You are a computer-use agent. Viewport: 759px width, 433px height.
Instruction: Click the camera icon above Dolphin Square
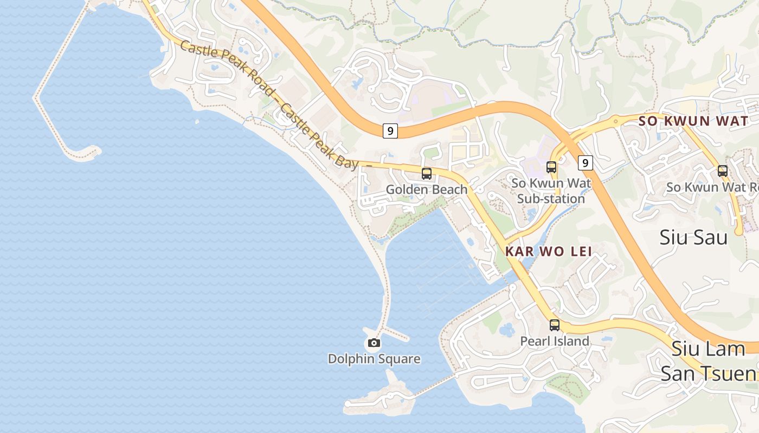(x=374, y=343)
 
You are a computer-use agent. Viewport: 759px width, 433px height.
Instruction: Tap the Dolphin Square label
(x=374, y=359)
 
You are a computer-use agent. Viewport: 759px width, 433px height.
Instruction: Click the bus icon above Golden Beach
(x=427, y=174)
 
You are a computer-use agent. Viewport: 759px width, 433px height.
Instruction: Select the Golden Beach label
(x=427, y=189)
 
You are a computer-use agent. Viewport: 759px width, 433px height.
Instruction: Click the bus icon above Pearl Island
(x=555, y=325)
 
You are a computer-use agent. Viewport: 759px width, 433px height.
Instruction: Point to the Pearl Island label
(x=555, y=341)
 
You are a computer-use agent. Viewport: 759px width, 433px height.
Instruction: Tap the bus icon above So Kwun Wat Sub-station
(x=551, y=167)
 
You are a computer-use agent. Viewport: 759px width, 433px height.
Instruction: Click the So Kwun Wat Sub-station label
(x=551, y=191)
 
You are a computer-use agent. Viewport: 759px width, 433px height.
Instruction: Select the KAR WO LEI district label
(x=548, y=251)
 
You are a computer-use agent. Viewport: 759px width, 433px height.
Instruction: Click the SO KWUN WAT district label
(x=693, y=121)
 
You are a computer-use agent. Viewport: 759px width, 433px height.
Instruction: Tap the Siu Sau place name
(x=694, y=237)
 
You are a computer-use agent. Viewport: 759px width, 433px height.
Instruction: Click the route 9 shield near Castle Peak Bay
(x=390, y=130)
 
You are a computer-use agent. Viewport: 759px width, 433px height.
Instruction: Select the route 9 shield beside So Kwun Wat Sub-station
(x=585, y=162)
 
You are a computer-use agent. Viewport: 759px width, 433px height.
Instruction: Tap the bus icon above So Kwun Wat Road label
(x=723, y=171)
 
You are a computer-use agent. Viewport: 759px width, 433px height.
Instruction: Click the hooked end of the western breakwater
(x=87, y=154)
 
